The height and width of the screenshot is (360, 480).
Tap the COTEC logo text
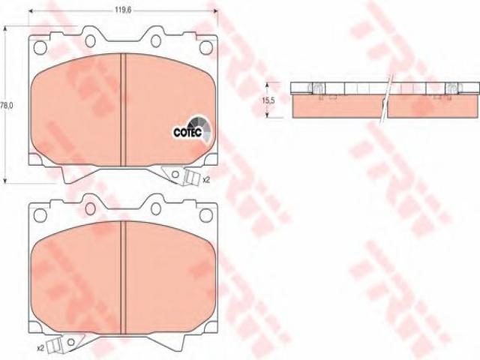tap(187, 132)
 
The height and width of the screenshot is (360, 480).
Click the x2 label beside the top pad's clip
tap(206, 180)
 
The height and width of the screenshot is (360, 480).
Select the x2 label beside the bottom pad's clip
tap(40, 348)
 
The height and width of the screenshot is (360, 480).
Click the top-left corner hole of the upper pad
tap(40, 47)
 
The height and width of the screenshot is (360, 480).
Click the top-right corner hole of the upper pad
tap(206, 47)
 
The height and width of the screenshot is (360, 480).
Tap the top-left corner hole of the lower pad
tap(40, 215)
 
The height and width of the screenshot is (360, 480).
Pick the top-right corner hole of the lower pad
tap(206, 215)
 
